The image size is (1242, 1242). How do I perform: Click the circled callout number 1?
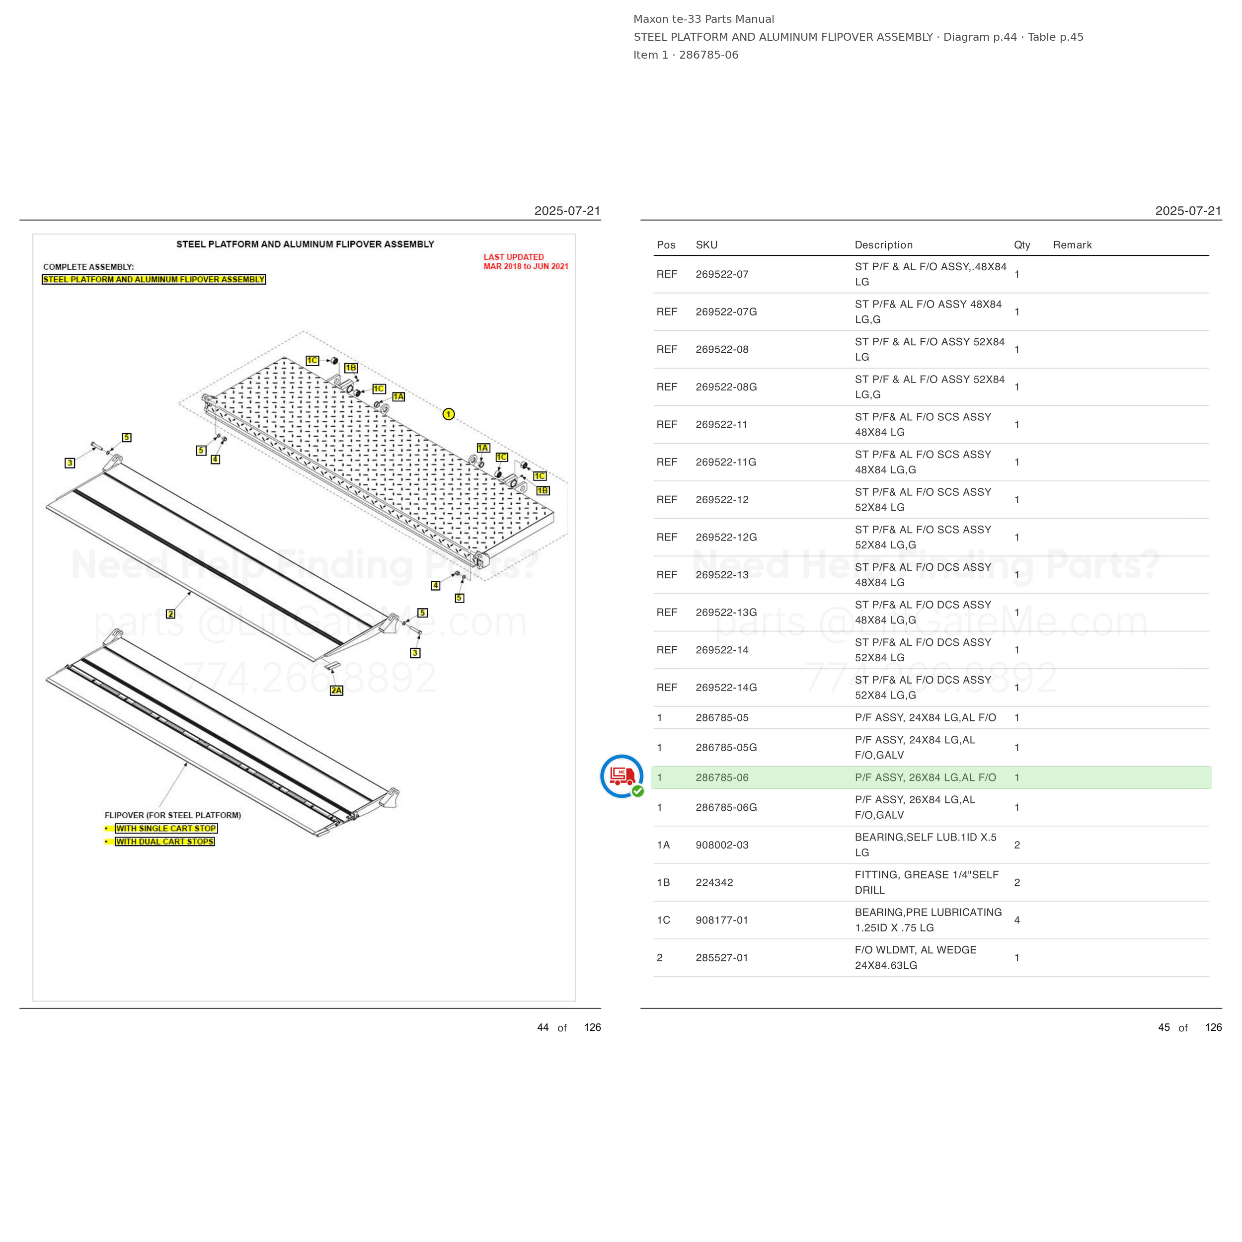(449, 414)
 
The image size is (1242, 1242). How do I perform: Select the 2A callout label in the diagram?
(336, 691)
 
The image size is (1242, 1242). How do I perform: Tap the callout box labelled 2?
(170, 614)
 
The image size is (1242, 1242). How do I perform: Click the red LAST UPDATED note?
(526, 262)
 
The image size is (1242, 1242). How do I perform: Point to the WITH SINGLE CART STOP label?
(166, 829)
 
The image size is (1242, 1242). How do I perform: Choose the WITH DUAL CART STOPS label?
(164, 842)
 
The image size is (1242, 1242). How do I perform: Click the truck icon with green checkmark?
(621, 776)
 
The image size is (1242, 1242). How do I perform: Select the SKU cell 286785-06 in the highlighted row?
(722, 777)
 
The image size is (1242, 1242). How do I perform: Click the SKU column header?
(706, 245)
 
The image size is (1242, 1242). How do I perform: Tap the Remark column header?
(1072, 245)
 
